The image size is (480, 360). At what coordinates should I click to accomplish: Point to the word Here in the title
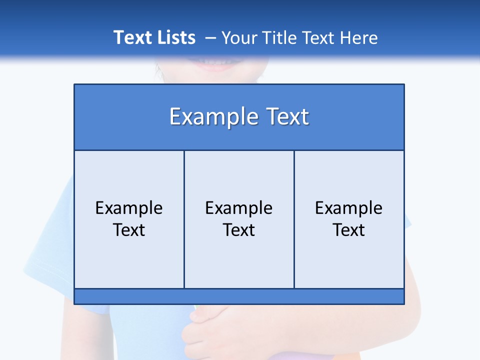coord(358,37)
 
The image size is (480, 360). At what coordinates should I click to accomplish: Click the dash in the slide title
coord(210,38)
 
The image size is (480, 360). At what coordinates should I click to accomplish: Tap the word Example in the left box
coord(129,208)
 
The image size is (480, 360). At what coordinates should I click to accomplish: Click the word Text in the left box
coord(129,230)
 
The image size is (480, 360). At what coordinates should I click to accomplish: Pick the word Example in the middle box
coord(239,208)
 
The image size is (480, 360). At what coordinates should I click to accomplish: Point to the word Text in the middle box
coord(239,230)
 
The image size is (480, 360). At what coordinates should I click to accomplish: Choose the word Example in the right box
coord(349,208)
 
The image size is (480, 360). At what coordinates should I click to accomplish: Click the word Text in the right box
coord(349,230)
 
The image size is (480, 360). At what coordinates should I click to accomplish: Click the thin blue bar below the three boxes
coord(239,296)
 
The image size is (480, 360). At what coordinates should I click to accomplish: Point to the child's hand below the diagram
coord(210,325)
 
